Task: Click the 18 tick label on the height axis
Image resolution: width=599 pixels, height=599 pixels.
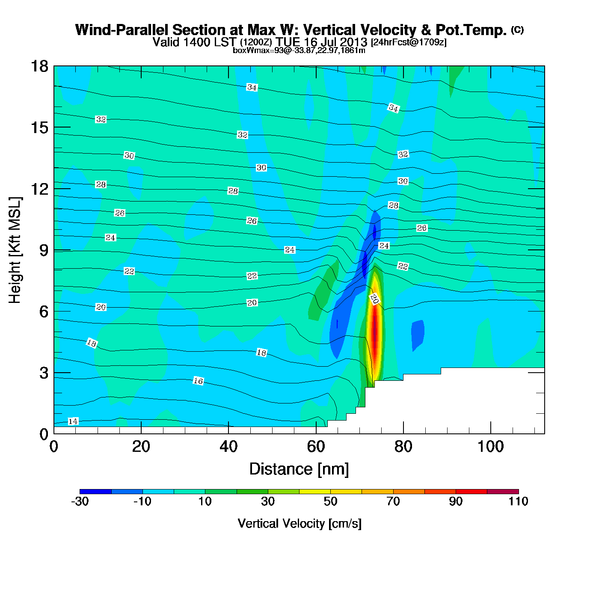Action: click(x=39, y=66)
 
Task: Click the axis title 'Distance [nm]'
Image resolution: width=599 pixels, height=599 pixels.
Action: click(x=299, y=469)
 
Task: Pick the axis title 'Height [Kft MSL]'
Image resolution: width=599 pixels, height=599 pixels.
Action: click(x=15, y=250)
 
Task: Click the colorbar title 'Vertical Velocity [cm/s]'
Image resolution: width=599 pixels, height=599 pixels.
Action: click(x=299, y=524)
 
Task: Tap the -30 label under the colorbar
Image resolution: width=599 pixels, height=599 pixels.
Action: click(x=80, y=502)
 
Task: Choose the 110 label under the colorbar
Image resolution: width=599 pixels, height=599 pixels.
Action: click(x=519, y=502)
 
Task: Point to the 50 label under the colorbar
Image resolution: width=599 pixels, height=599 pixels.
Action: click(x=330, y=502)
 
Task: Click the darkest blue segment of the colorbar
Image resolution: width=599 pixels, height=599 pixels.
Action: click(x=95, y=492)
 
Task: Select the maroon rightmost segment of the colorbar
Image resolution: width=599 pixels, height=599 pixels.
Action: click(x=503, y=492)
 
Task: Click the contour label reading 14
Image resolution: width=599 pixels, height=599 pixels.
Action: click(x=73, y=421)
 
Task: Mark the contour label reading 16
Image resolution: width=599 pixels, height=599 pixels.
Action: click(x=198, y=381)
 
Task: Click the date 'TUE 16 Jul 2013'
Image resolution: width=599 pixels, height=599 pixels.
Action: click(x=321, y=42)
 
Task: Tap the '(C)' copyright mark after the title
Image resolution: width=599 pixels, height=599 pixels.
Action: click(x=517, y=30)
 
